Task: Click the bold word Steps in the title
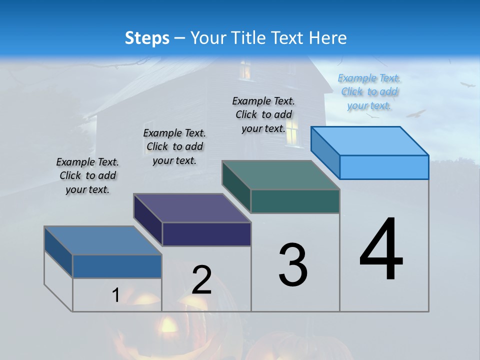(147, 38)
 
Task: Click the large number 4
(381, 250)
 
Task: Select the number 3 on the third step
(292, 264)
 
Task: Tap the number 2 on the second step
(202, 280)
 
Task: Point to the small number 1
(115, 295)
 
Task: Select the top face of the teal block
(281, 175)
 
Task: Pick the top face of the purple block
(192, 208)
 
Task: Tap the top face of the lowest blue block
(103, 240)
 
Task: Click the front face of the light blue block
(384, 167)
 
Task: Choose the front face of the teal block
(295, 201)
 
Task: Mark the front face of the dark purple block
(206, 234)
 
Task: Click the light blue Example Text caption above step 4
(369, 92)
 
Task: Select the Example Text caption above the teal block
(263, 114)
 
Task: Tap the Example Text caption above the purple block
(174, 146)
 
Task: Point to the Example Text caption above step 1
(87, 175)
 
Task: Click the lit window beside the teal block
(293, 129)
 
